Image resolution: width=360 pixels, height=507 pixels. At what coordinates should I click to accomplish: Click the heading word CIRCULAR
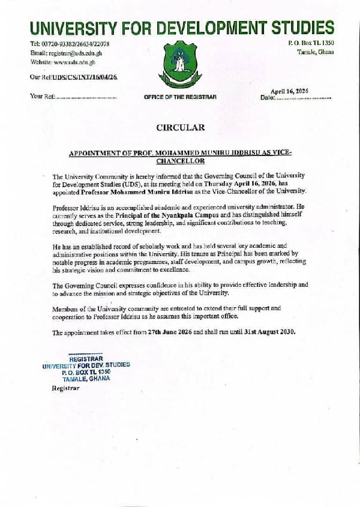[180, 127]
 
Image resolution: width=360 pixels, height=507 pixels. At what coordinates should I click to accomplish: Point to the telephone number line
[70, 44]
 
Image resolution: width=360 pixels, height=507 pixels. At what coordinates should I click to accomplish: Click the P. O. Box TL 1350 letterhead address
[311, 42]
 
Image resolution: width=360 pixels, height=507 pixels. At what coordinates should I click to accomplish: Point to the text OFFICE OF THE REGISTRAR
[180, 97]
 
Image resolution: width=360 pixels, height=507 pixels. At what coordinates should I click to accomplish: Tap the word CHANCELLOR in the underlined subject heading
[180, 161]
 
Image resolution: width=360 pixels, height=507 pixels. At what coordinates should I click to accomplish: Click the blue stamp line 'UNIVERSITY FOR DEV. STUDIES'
[86, 365]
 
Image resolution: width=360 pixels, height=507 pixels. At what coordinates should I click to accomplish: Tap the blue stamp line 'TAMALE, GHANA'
[87, 379]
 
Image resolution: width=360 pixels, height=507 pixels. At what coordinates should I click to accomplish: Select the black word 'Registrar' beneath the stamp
[65, 388]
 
